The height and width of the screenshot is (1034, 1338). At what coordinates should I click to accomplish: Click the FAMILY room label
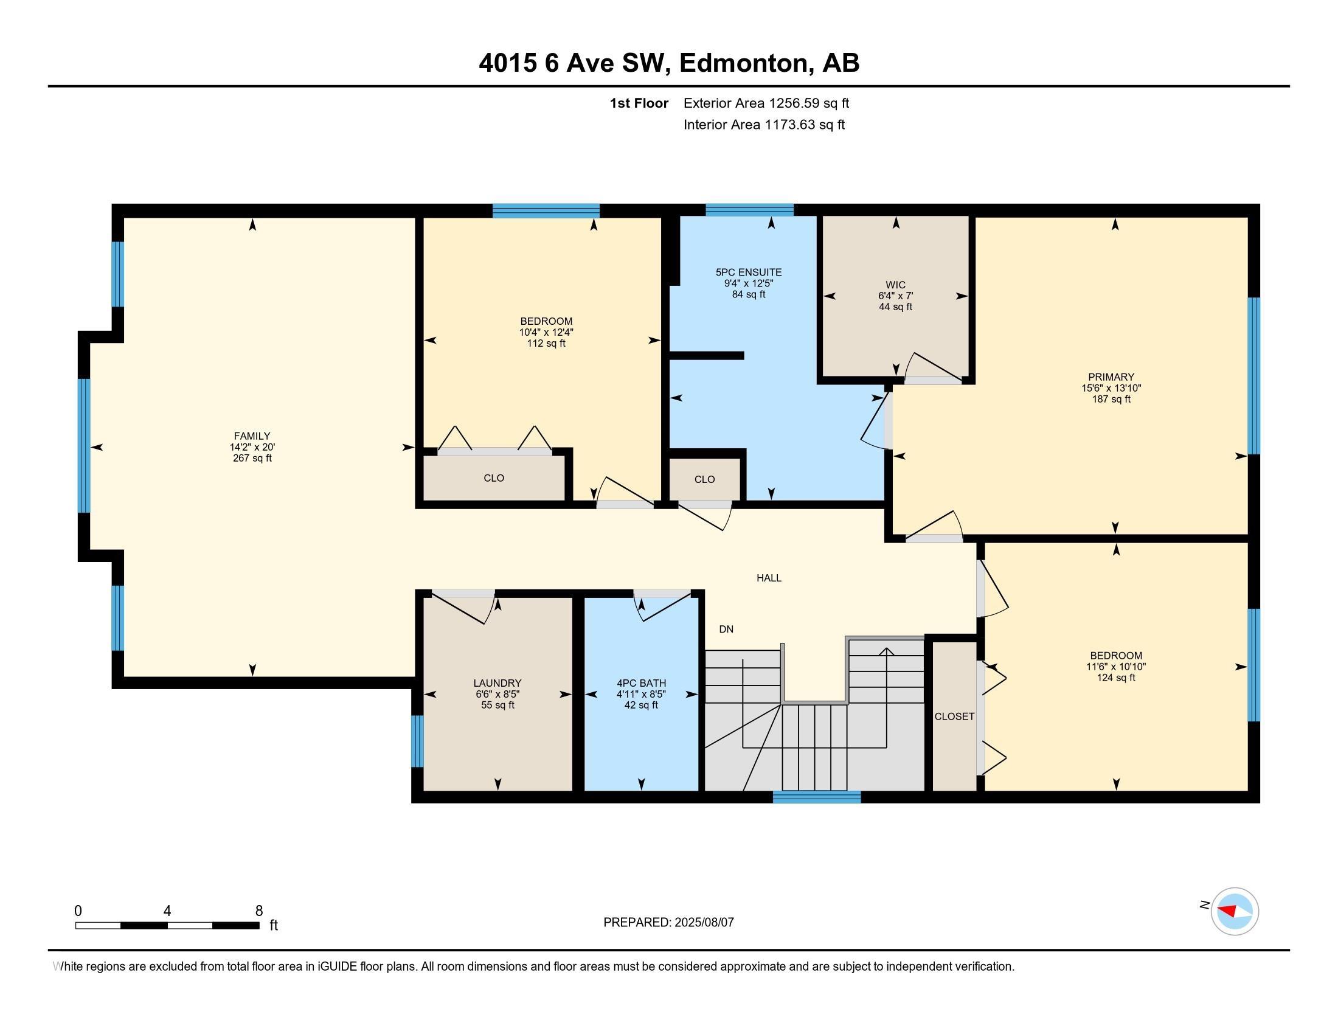[x=252, y=436]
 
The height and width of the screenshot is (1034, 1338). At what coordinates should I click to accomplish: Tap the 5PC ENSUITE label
[x=749, y=272]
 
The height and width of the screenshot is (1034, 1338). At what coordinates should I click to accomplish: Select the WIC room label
[x=895, y=285]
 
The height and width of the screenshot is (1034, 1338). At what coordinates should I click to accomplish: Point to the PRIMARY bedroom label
[x=1111, y=377]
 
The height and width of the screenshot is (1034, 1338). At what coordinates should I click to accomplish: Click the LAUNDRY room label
[x=497, y=683]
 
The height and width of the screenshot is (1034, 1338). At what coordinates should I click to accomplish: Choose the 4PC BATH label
[x=642, y=683]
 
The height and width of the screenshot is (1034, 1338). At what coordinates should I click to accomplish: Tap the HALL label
[x=769, y=578]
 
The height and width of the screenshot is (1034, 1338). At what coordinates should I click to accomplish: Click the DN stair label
[x=726, y=629]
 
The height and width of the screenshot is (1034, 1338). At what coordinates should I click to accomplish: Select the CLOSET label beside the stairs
[x=954, y=716]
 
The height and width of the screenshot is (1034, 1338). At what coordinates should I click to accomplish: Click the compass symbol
[x=1235, y=912]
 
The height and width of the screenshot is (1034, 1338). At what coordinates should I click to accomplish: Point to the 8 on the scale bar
[x=259, y=911]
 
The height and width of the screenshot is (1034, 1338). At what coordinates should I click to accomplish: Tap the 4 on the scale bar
[x=167, y=911]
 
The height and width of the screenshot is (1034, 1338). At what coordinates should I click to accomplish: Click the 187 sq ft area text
[x=1111, y=400]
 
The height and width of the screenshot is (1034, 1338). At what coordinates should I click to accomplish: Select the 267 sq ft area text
[x=252, y=458]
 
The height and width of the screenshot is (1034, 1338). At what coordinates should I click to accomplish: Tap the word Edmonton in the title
[x=743, y=63]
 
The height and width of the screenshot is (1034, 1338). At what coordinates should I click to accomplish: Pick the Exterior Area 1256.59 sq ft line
[x=766, y=103]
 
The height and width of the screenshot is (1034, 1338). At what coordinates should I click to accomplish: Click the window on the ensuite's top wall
[x=749, y=210]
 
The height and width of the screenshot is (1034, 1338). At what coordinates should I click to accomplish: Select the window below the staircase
[x=817, y=797]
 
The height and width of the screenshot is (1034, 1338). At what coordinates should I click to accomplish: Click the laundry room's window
[x=417, y=741]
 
